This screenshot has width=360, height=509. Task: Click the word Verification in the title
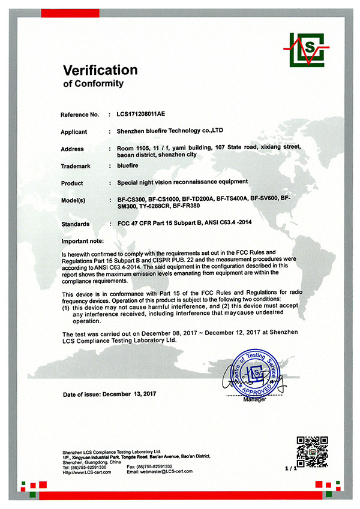101,70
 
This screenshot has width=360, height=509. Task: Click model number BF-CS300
131,197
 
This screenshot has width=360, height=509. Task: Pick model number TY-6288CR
154,206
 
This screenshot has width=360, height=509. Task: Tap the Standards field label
76,224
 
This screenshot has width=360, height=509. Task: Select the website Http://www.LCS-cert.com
87,471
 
